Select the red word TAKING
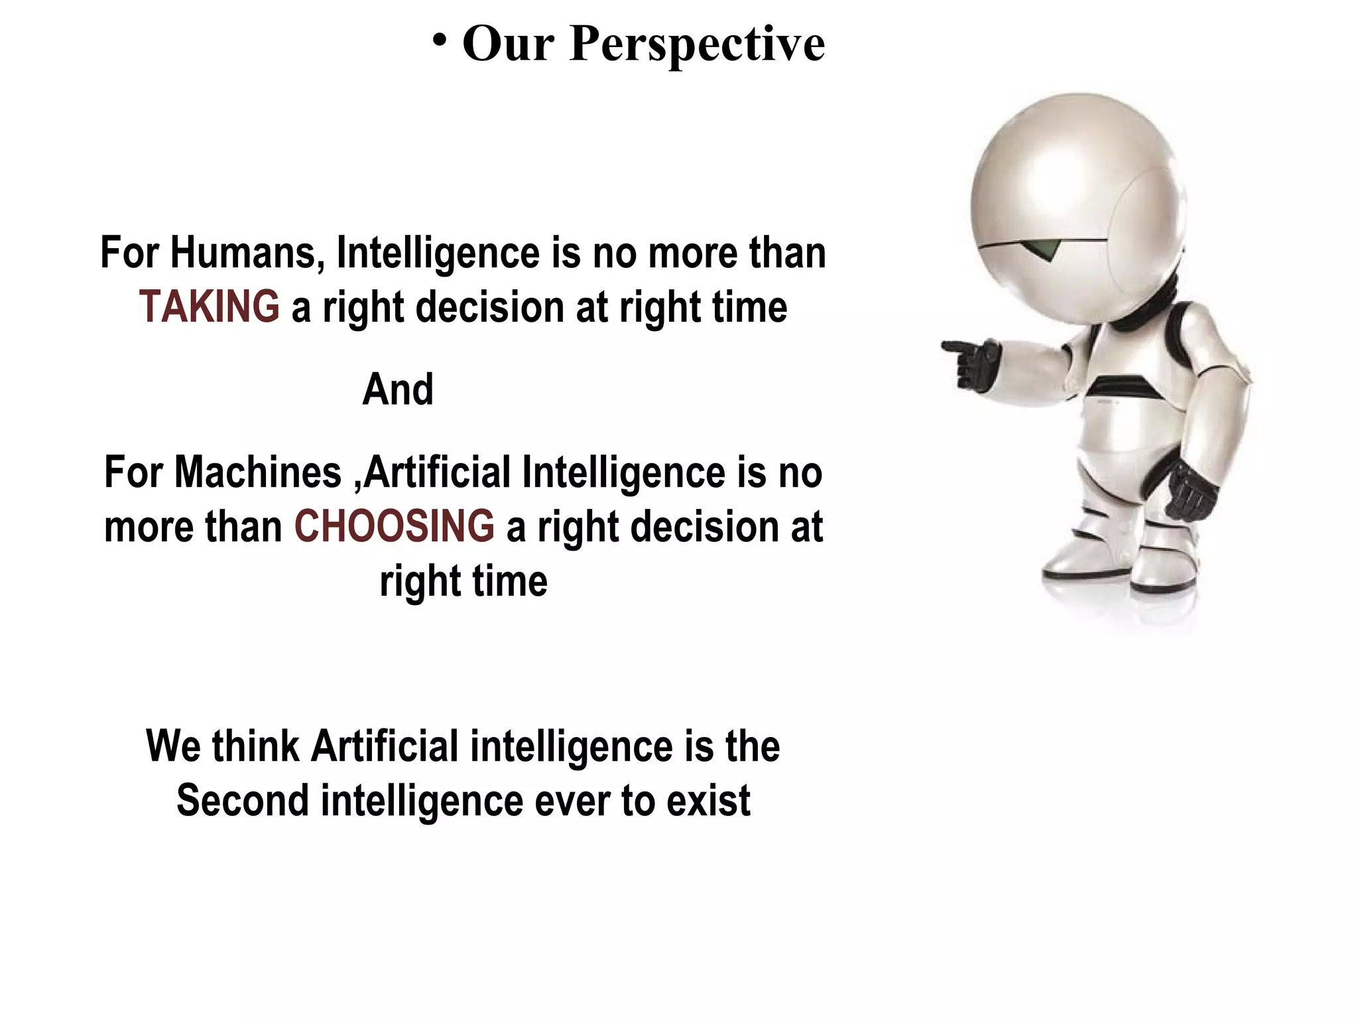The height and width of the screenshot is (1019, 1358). tap(209, 307)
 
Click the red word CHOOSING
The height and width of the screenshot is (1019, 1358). tap(394, 527)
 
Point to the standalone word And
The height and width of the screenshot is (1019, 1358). tap(398, 389)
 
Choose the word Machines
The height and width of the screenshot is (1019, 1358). tap(258, 472)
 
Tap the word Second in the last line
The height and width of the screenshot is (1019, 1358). tap(243, 801)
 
